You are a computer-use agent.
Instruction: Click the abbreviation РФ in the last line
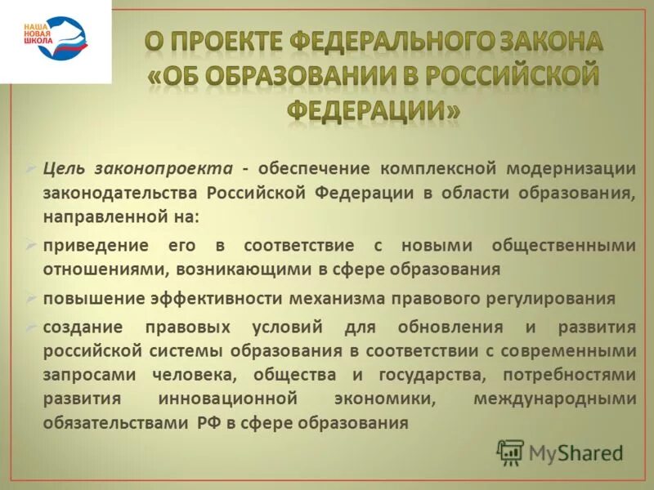tap(207, 424)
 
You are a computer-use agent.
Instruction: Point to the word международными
tap(554, 399)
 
